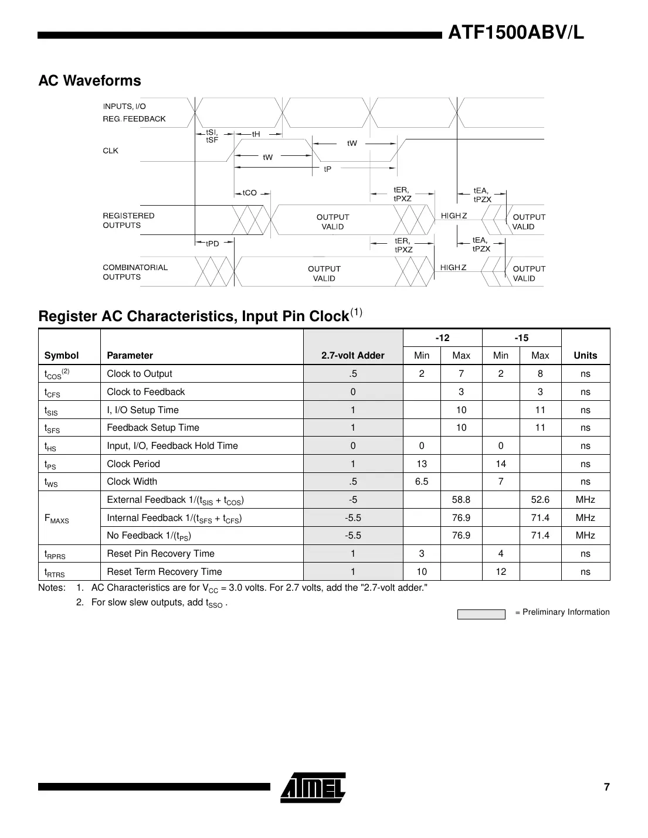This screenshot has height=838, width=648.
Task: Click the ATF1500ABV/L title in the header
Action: point(516,33)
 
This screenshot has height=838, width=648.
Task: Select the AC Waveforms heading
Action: point(90,81)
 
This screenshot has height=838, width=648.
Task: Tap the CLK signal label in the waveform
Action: point(110,151)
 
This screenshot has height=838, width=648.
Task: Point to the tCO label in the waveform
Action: point(250,193)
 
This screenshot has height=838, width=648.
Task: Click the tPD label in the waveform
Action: point(212,243)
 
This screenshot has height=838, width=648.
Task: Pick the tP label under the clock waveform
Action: point(328,169)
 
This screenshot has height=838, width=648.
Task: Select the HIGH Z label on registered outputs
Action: point(453,216)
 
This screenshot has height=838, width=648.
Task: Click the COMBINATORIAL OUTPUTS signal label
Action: point(135,272)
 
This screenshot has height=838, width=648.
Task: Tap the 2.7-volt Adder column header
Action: point(353,355)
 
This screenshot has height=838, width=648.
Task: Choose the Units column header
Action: point(585,355)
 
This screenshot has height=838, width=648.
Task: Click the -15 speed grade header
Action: point(521,338)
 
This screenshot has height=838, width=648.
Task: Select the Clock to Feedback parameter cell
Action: point(145,391)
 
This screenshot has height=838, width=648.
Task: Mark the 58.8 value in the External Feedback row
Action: point(461,499)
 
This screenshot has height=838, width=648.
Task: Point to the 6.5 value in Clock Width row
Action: point(421,481)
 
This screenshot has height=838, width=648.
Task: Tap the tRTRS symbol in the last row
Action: point(55,572)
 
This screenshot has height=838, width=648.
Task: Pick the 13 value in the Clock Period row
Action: point(421,464)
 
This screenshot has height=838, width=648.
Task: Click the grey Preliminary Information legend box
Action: point(481,614)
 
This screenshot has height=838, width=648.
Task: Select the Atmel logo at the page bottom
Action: point(313,787)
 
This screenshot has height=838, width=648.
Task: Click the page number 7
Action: point(606,787)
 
